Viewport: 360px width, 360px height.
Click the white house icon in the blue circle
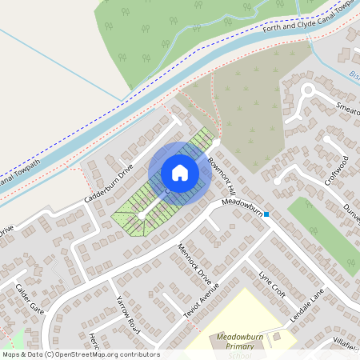coord(180,173)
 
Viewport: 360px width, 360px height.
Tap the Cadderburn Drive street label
coord(106,186)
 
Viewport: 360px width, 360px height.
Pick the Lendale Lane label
coord(307,307)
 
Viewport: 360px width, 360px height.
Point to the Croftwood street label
coord(336,170)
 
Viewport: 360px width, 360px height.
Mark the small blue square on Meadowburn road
coord(266,214)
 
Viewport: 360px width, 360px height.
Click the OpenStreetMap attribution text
coord(80,354)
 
